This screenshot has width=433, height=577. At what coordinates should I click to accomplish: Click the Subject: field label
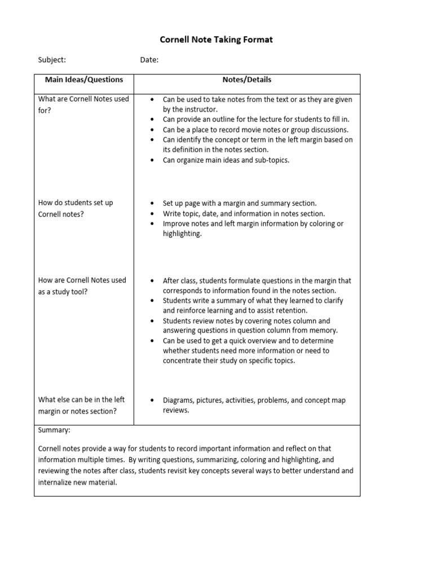coord(52,60)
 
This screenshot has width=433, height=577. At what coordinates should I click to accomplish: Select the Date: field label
coord(149,60)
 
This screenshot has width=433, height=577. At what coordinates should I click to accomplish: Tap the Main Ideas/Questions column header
coord(84,80)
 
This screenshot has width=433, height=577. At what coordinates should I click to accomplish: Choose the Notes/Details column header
coord(246,80)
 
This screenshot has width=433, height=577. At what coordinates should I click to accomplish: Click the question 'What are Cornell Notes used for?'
coord(83,104)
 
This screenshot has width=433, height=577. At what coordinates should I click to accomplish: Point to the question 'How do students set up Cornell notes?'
coord(76,208)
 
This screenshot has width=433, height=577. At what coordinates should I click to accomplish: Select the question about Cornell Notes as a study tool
coord(82,286)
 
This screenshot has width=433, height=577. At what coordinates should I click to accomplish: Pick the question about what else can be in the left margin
coord(81,405)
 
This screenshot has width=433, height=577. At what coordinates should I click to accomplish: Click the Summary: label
coord(54,430)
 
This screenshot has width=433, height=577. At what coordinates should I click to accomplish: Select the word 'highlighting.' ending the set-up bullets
coord(182,234)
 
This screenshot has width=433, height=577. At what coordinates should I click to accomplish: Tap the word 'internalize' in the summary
coord(57,482)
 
